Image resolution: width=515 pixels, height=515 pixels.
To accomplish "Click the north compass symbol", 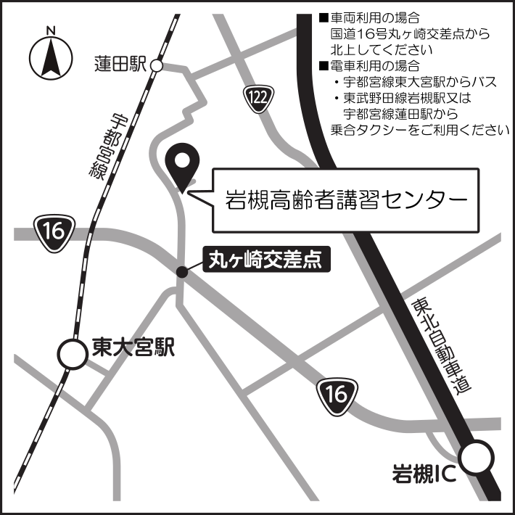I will point(51,59).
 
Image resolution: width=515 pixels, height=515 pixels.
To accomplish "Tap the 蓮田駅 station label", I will point(120,65).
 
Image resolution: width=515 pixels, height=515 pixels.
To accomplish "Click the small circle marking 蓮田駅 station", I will point(157,66).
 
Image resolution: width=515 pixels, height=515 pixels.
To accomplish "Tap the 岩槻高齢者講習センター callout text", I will point(346,199).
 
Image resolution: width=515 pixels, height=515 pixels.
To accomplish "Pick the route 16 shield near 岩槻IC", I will point(336,395).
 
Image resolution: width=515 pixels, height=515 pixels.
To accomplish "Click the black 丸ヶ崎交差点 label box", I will point(265,260).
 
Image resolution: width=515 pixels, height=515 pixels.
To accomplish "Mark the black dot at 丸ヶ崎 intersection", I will point(182,272).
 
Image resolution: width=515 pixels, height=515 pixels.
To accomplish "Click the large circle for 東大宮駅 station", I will point(73,355).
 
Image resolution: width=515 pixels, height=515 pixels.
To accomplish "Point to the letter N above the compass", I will point(51,30).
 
